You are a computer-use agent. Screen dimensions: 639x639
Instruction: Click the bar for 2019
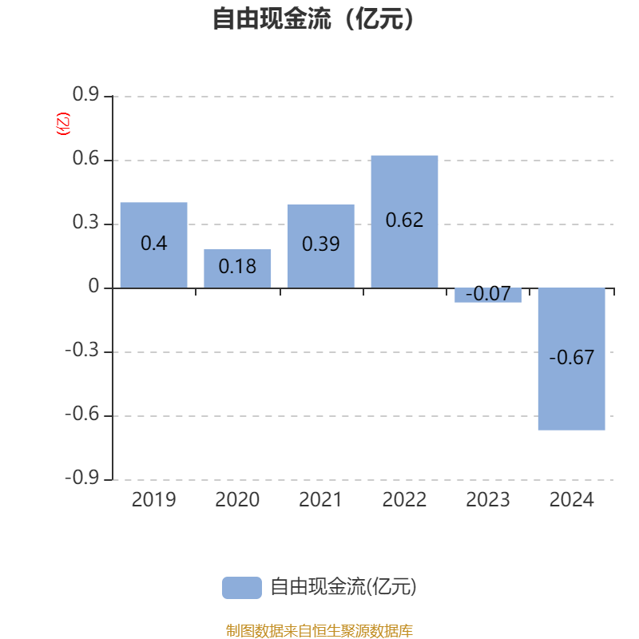(x=153, y=244)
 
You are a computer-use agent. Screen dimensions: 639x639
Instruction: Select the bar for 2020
(x=237, y=268)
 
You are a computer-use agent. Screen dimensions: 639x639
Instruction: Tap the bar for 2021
(x=321, y=246)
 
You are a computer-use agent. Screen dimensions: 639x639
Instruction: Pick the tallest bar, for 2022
(x=404, y=221)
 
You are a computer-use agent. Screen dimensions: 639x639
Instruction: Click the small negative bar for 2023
(x=488, y=295)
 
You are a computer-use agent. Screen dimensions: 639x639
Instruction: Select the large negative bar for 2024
(x=571, y=359)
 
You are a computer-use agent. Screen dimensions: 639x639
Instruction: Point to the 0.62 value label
(x=404, y=220)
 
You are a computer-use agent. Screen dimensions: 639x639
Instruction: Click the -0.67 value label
(x=572, y=357)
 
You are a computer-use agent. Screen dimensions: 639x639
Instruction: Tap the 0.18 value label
(x=237, y=266)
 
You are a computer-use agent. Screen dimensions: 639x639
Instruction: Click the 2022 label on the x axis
(x=404, y=500)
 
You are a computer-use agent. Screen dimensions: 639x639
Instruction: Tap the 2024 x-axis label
(x=572, y=500)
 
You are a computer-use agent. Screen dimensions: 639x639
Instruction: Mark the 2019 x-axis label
(x=153, y=500)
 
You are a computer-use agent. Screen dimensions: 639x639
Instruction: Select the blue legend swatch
(x=241, y=587)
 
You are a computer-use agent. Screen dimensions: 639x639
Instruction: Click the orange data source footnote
(x=319, y=631)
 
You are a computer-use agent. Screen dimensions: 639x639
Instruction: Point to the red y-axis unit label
(x=63, y=124)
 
